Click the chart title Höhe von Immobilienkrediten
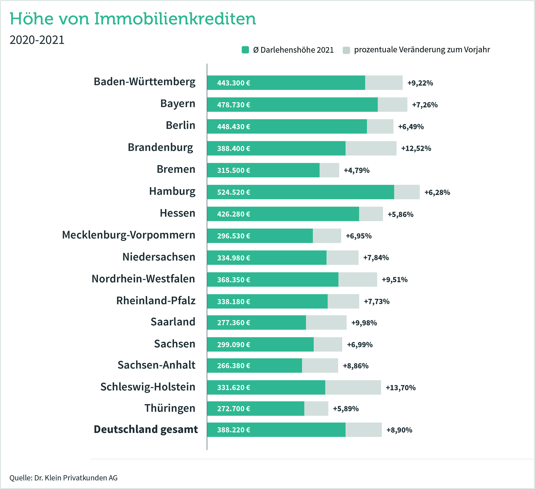pyautogui.click(x=133, y=19)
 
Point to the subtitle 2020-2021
pyautogui.click(x=37, y=40)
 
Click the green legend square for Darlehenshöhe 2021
pyautogui.click(x=245, y=50)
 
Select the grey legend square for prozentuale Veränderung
pyautogui.click(x=346, y=50)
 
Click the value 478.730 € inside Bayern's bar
pyautogui.click(x=234, y=105)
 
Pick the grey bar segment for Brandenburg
pyautogui.click(x=371, y=148)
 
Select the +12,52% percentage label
pyautogui.click(x=416, y=148)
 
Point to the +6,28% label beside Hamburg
pyautogui.click(x=437, y=192)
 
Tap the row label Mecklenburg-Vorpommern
pyautogui.click(x=128, y=235)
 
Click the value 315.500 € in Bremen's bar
pyautogui.click(x=234, y=170)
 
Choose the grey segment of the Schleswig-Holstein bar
pyautogui.click(x=353, y=387)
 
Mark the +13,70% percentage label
pyautogui.click(x=400, y=388)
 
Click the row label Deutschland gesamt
pyautogui.click(x=146, y=429)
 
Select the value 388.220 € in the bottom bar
pyautogui.click(x=234, y=430)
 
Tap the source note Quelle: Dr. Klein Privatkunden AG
pyautogui.click(x=63, y=478)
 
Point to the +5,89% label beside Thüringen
pyautogui.click(x=346, y=409)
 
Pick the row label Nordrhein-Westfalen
pyautogui.click(x=143, y=279)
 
